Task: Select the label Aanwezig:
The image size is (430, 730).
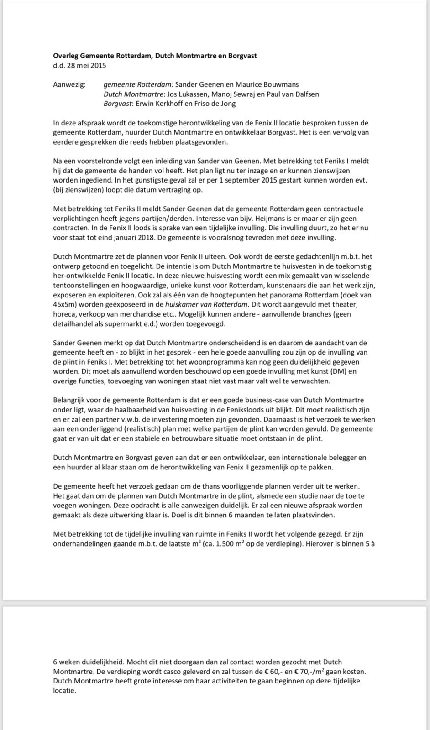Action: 69,84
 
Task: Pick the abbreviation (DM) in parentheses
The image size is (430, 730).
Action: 338,371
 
